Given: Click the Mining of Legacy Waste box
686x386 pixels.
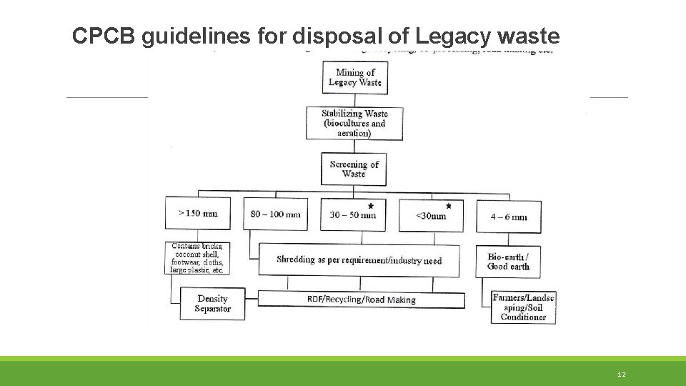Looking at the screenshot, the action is pos(354,77).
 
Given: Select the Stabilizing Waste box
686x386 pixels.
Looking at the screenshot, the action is pos(354,123).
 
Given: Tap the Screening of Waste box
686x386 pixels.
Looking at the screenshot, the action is pos(354,169).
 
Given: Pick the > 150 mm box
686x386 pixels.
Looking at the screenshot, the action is pos(198,214).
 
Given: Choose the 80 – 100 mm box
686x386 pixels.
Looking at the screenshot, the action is pos(276,214).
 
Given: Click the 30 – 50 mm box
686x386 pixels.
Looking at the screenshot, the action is pos(353,215).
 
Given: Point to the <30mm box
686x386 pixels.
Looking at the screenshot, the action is pos(431,215).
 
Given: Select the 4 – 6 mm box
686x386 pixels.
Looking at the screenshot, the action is pos(509,216).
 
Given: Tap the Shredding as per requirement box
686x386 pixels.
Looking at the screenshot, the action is pos(359,260).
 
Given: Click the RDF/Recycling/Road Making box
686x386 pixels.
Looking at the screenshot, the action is pos(361,300).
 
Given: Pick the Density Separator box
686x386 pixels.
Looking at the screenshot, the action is pos(212,304).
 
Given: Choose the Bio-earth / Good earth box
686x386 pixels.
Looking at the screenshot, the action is pos(509,262).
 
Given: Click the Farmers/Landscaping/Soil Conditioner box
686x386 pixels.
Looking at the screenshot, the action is pos(523,307).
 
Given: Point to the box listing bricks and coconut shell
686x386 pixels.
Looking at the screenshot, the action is pos(197,259).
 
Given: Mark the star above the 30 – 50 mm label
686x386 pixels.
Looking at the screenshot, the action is pos(370,206).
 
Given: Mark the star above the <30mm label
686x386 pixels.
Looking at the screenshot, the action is pos(449,206).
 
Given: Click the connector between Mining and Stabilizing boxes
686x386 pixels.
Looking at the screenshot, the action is pos(354,99).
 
